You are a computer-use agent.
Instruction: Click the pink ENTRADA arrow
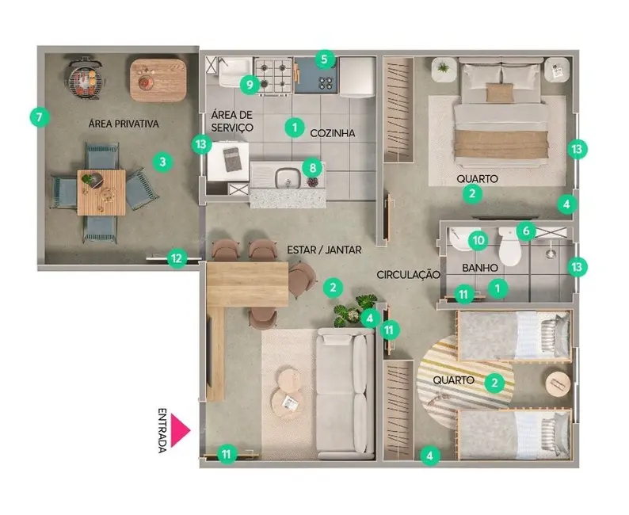tap(181, 430)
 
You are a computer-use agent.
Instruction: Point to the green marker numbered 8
tap(312, 168)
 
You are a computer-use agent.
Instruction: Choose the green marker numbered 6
tap(524, 231)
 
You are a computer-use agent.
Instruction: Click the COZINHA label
tap(331, 133)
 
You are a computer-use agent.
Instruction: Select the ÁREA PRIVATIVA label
tap(123, 124)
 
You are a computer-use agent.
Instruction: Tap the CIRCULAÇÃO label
tap(407, 274)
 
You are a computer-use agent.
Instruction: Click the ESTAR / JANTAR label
tap(324, 250)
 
